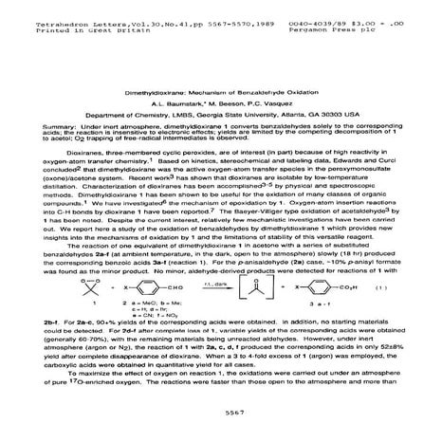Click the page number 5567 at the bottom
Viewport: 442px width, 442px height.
222,414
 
